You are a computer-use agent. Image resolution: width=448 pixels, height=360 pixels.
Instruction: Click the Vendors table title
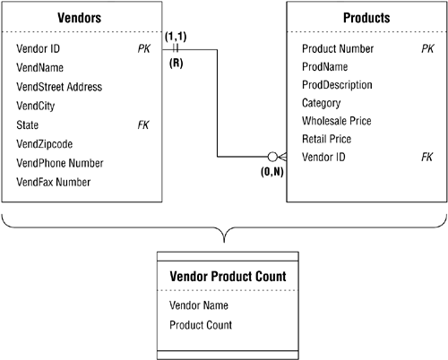[x=80, y=18]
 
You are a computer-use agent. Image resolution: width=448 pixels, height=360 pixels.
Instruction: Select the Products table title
[x=366, y=18]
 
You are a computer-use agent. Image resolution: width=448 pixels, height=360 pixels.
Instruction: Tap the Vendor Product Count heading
[x=228, y=277]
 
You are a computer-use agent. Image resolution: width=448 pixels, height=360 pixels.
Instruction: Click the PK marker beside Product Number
[x=427, y=48]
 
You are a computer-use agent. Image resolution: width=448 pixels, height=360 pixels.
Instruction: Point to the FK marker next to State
[x=143, y=124]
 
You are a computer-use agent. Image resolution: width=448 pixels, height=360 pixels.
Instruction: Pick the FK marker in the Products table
[x=427, y=157]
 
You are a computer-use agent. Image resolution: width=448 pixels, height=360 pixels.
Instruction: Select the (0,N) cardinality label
[x=272, y=172]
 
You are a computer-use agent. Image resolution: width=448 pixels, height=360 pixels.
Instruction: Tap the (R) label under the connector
[x=177, y=63]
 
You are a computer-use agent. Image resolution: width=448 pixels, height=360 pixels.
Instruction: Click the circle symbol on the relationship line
[x=272, y=157]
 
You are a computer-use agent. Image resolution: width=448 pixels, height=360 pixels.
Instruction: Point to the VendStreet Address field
[x=59, y=87]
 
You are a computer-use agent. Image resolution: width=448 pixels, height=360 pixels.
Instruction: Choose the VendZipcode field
[x=45, y=144]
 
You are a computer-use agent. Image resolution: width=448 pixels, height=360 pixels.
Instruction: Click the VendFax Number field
[x=54, y=182]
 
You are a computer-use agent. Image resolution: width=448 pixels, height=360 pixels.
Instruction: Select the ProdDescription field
[x=337, y=85]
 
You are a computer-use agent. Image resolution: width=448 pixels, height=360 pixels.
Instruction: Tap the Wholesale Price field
[x=337, y=121]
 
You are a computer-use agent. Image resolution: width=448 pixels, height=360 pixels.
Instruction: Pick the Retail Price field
[x=327, y=139]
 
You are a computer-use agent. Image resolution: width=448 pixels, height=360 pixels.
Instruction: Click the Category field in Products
[x=322, y=103]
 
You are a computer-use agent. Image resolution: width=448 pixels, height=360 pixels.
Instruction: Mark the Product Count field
[x=201, y=325]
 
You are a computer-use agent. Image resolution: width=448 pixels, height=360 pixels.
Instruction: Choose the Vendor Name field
[x=199, y=305]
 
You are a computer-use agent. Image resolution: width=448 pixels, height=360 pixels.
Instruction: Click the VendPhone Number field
[x=60, y=163]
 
